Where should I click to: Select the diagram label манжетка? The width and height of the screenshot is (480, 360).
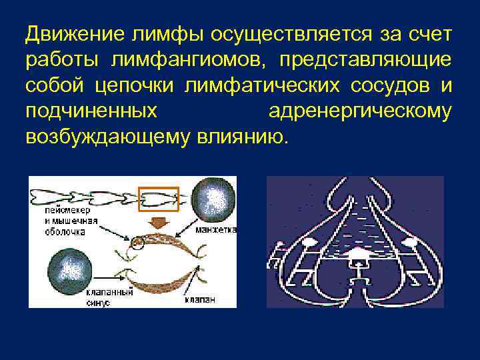coord(214,229)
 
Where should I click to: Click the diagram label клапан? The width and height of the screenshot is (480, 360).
coord(201,299)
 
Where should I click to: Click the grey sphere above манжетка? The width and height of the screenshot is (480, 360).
coord(213,199)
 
